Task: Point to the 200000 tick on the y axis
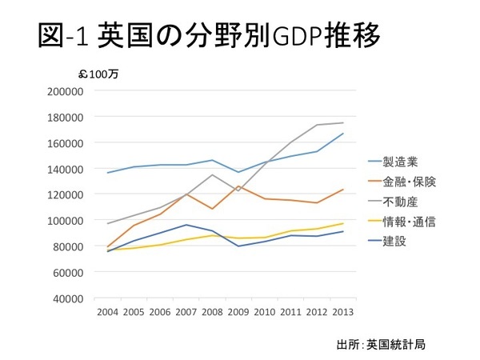[x=68, y=90]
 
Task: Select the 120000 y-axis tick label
[x=68, y=194]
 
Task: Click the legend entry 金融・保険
[x=408, y=178]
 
